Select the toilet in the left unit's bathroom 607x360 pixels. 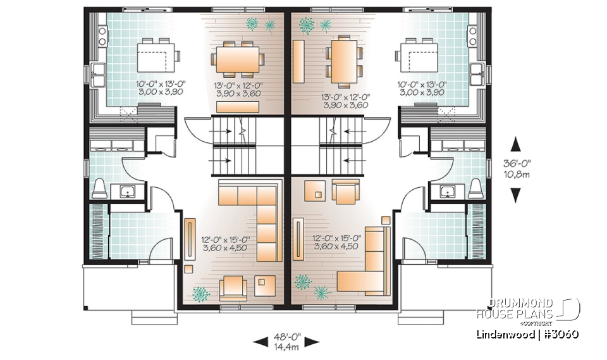pyautogui.click(x=99, y=188)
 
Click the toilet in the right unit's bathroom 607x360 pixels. pyautogui.click(x=477, y=188)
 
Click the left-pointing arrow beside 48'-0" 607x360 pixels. pyautogui.click(x=259, y=342)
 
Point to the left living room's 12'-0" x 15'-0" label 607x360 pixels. pyautogui.click(x=224, y=243)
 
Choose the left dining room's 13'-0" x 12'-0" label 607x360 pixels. pyautogui.click(x=238, y=89)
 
